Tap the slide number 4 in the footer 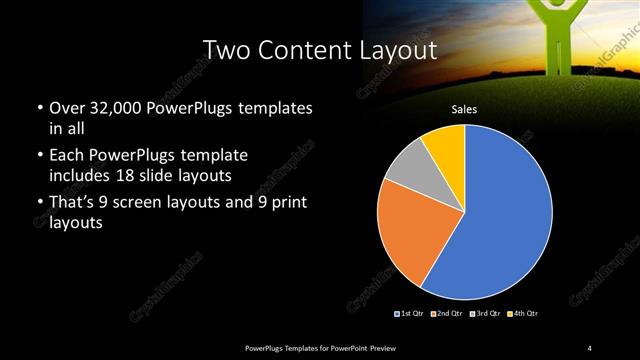[x=590, y=347]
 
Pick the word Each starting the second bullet [x=66, y=157]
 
